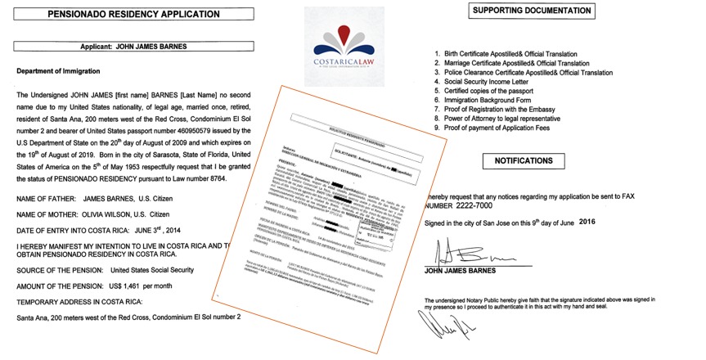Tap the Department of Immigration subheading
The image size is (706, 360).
point(61,71)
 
